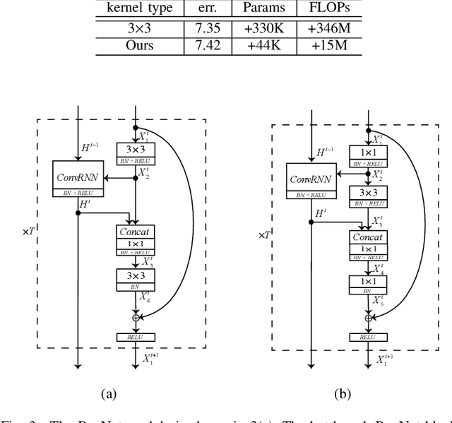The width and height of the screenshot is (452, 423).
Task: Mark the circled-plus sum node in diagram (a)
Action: (135, 318)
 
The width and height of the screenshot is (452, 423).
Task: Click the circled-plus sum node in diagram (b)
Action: (367, 318)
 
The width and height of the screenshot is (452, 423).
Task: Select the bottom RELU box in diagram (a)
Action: (135, 338)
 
